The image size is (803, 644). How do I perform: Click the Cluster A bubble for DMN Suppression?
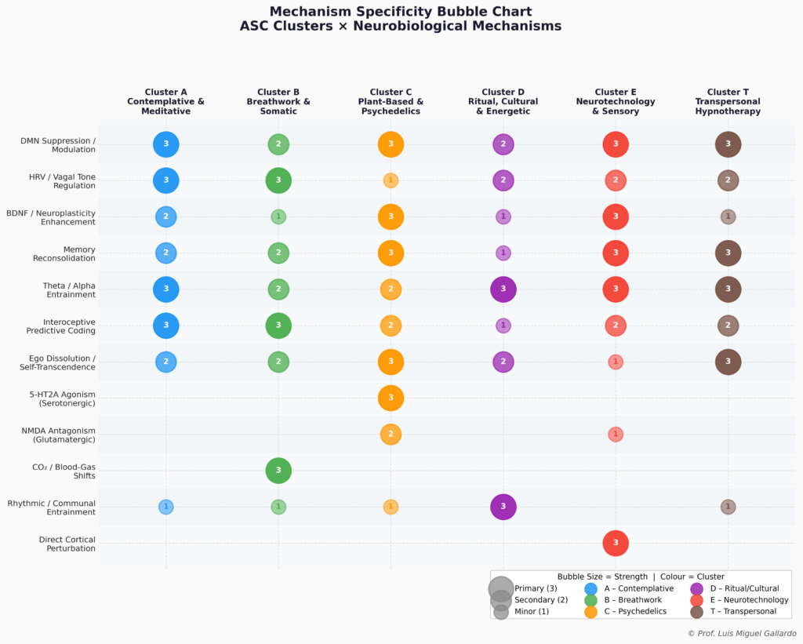click(x=166, y=144)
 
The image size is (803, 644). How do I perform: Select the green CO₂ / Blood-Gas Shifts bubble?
click(x=278, y=471)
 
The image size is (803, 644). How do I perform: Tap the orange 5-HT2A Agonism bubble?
click(x=391, y=398)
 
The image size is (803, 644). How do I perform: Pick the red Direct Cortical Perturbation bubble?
click(x=616, y=543)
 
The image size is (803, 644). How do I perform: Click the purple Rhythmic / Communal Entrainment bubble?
click(x=503, y=507)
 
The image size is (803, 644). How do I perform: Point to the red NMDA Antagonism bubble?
click(x=616, y=434)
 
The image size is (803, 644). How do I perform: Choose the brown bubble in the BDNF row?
click(x=728, y=216)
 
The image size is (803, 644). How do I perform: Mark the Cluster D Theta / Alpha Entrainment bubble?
click(x=503, y=289)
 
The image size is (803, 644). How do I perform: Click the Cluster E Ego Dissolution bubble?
click(x=616, y=362)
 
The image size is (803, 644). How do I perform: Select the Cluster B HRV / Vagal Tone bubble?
click(x=278, y=180)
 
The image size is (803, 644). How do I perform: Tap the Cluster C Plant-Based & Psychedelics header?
click(x=391, y=102)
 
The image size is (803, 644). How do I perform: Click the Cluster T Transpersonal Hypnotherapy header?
click(x=728, y=102)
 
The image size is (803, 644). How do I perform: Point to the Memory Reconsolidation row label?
click(x=64, y=253)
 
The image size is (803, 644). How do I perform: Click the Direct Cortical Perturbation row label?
click(x=67, y=544)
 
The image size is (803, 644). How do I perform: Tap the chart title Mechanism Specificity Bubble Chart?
click(x=401, y=12)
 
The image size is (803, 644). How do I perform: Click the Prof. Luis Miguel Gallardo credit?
click(x=741, y=633)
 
